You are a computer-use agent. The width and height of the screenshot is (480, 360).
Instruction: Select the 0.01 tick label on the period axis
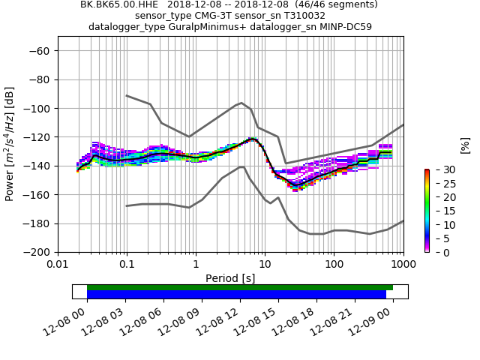58,264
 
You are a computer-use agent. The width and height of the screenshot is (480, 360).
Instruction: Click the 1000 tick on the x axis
403,264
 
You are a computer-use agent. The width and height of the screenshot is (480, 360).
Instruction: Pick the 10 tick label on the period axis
265,264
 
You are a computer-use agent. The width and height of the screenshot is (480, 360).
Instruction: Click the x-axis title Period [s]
230,277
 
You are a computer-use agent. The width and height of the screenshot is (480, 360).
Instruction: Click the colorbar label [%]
464,145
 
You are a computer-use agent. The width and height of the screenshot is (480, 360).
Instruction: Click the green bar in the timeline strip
240,287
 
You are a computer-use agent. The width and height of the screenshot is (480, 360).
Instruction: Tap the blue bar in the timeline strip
236,295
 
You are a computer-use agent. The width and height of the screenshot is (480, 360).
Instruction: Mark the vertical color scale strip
427,211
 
